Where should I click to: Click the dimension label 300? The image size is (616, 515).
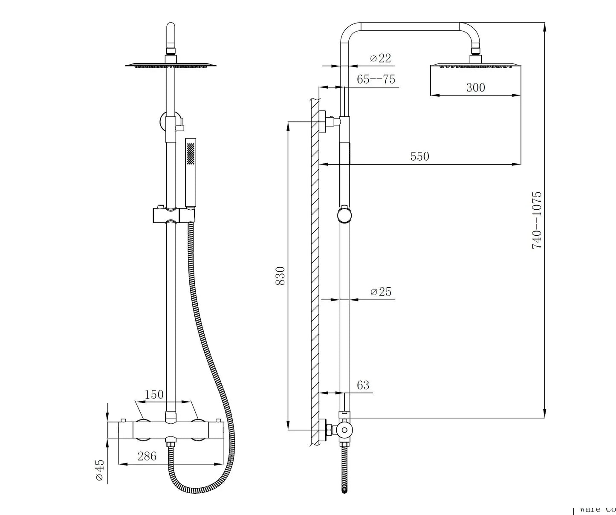[x=475, y=87]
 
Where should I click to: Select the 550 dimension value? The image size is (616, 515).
[x=419, y=156]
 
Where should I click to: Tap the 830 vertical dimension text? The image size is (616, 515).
[x=280, y=276]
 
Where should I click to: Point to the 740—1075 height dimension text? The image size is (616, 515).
[x=536, y=220]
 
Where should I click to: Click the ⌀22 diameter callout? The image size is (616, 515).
[x=380, y=58]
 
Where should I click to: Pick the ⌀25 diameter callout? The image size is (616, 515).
[x=381, y=292]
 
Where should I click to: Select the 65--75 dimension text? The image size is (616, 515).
[x=376, y=79]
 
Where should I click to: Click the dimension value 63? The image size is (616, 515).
[x=363, y=385]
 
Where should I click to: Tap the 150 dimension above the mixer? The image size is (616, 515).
[x=154, y=394]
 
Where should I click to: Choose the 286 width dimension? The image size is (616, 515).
[x=147, y=456]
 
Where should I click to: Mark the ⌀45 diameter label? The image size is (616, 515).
[x=99, y=470]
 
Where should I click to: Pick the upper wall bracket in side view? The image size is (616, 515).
[x=329, y=121]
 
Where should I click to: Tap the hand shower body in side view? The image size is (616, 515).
[x=344, y=175]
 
